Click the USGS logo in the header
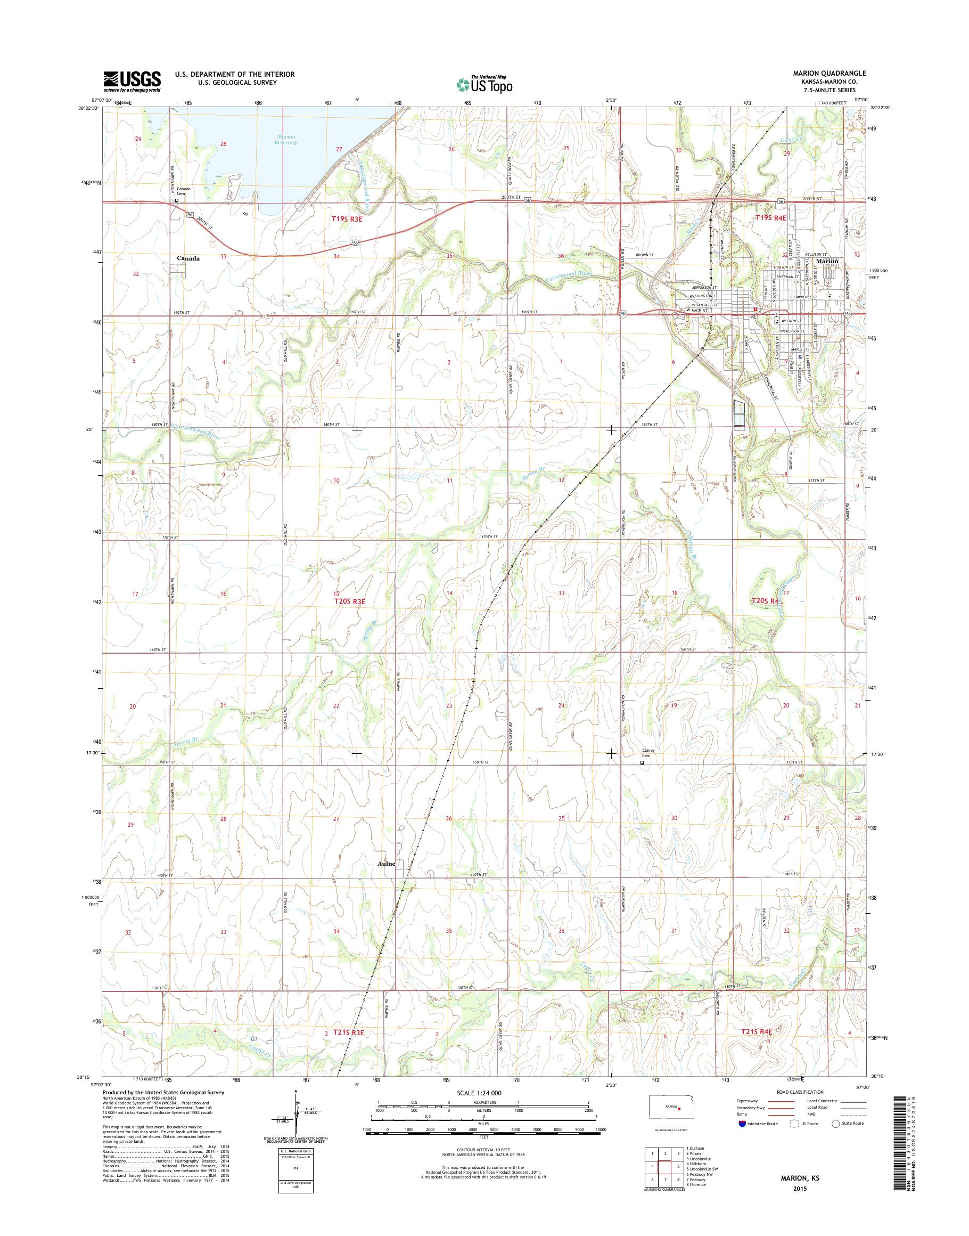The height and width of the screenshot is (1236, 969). (132, 81)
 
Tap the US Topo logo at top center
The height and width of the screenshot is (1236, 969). (484, 84)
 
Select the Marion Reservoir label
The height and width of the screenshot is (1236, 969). (286, 140)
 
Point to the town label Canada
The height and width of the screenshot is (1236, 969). (188, 258)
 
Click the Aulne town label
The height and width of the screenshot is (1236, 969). (386, 880)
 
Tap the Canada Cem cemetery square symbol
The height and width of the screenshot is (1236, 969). (176, 200)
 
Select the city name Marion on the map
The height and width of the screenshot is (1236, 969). (827, 261)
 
